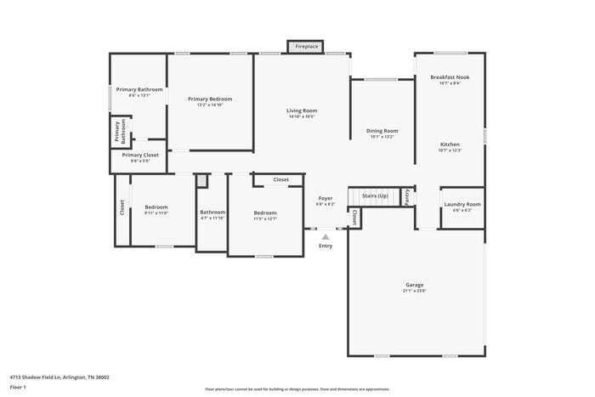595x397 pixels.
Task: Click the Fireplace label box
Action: (x=307, y=47)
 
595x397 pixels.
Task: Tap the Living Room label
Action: (x=301, y=111)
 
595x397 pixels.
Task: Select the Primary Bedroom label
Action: (x=210, y=99)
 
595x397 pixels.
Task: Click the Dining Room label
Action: (x=382, y=131)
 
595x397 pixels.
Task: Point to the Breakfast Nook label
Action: (x=450, y=77)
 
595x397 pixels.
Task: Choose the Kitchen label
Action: (x=450, y=145)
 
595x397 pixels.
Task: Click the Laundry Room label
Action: (x=462, y=204)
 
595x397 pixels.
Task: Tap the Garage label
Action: (x=414, y=285)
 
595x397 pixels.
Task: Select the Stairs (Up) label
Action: (x=375, y=196)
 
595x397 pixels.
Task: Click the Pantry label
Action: (x=407, y=196)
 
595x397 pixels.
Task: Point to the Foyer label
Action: (x=326, y=198)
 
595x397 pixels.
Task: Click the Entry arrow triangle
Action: (x=326, y=237)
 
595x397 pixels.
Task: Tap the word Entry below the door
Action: (x=326, y=247)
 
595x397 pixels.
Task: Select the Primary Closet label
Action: (x=139, y=155)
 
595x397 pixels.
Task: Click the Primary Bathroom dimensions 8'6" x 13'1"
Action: (x=139, y=95)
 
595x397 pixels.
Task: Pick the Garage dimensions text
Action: (x=414, y=291)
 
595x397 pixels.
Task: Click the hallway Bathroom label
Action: (x=212, y=212)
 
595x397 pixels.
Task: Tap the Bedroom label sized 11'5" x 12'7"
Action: (x=264, y=213)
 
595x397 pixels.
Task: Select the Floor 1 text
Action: (x=18, y=387)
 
